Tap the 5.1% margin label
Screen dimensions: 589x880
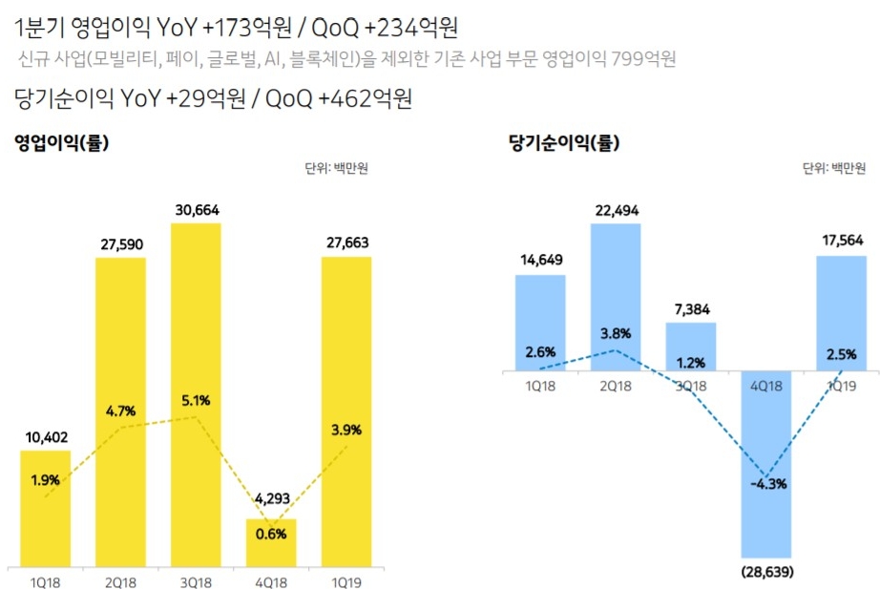click(195, 399)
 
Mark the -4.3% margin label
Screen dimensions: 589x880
click(766, 484)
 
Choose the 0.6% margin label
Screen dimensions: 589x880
click(271, 534)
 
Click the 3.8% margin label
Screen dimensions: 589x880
click(616, 335)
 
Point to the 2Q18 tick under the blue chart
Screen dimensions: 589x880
click(616, 387)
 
